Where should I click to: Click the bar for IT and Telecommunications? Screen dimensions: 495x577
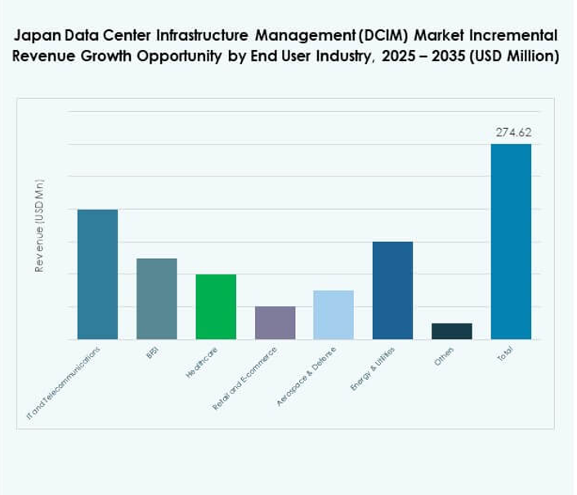pos(97,274)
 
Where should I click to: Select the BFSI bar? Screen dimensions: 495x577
pos(156,299)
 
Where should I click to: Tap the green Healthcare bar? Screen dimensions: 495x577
pos(216,307)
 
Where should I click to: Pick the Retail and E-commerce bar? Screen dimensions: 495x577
pos(275,323)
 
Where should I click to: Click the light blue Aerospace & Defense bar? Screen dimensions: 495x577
pos(333,315)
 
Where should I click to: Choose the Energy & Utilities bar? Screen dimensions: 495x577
pos(392,291)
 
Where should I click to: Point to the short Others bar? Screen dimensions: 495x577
pos(452,331)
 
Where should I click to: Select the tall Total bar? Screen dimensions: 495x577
pos(511,242)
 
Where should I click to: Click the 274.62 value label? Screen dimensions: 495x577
pos(511,133)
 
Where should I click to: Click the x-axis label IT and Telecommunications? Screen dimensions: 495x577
pos(65,383)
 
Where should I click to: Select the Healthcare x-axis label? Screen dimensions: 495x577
pos(202,363)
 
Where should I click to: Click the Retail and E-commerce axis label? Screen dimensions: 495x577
pos(245,377)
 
